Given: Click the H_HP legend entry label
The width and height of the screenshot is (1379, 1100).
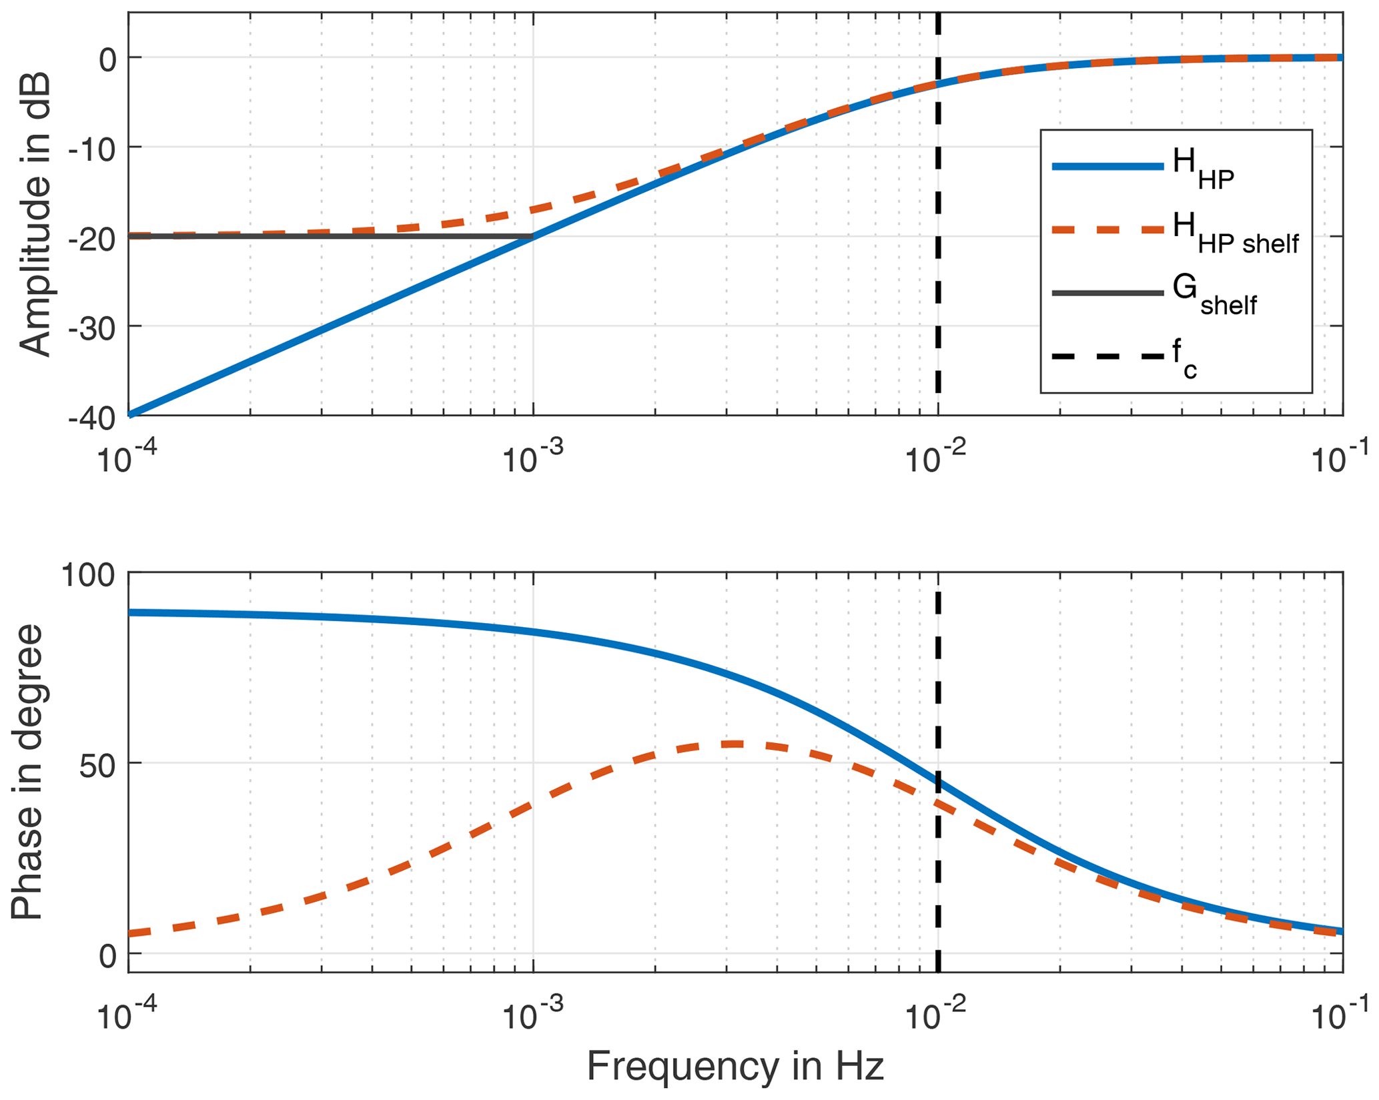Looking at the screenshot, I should point(1203,168).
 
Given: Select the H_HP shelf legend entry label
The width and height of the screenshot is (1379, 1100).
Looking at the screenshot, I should point(1235,233).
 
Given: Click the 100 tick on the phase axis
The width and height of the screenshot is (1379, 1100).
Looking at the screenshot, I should point(87,574).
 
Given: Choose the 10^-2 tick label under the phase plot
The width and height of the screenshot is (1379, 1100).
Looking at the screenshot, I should point(937,1014).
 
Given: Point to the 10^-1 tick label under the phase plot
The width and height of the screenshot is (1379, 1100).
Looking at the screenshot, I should point(1341,1014).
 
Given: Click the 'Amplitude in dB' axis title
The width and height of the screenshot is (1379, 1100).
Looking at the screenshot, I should point(35,215).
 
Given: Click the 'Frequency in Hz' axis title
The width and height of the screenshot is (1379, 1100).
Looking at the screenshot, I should point(735,1066).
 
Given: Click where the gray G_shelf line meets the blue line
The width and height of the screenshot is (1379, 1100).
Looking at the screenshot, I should point(532,236).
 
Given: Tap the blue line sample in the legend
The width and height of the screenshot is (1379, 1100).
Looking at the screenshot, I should point(1107,167).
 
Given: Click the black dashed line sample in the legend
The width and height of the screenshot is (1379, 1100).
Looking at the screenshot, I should point(1107,356).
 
